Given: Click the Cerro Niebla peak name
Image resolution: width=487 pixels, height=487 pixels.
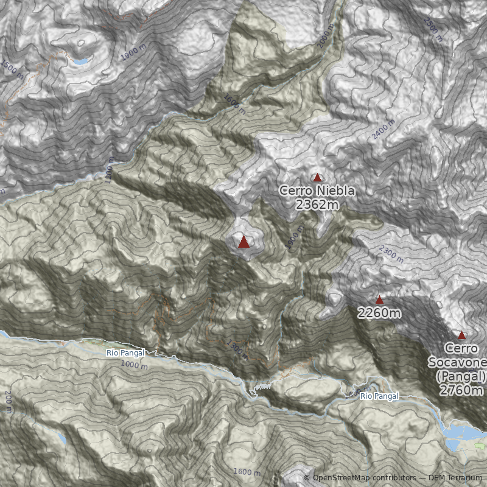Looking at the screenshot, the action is click(317, 191).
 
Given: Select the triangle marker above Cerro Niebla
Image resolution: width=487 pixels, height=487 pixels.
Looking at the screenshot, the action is click(317, 178).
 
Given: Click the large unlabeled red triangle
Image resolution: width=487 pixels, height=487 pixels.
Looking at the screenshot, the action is click(243, 242).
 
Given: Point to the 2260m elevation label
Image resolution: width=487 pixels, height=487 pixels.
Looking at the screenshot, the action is click(379, 314).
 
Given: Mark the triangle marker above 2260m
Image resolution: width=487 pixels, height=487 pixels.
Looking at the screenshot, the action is click(379, 300).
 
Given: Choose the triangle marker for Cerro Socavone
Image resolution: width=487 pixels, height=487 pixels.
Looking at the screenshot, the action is click(461, 335).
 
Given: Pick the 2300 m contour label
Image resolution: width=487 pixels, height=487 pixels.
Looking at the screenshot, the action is click(391, 252).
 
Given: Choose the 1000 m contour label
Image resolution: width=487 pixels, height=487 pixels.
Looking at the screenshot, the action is click(134, 365).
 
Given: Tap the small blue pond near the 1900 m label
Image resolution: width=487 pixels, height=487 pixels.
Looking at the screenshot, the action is click(80, 61).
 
